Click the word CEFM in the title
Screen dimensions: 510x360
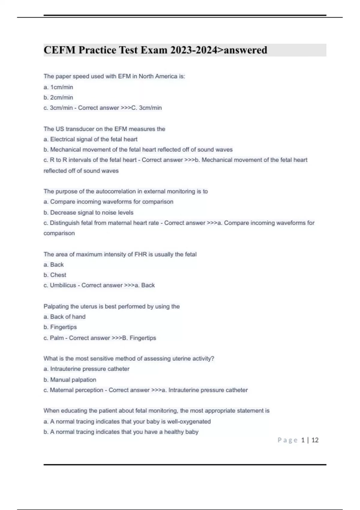pyautogui.click(x=59, y=50)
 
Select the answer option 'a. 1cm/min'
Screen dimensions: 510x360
pyautogui.click(x=58, y=87)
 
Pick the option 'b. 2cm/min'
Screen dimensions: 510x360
pyautogui.click(x=58, y=97)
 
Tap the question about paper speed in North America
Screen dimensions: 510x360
pyautogui.click(x=114, y=76)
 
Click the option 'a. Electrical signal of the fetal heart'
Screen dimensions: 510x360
pyautogui.click(x=90, y=139)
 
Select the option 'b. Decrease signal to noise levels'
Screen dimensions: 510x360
pyautogui.click(x=88, y=213)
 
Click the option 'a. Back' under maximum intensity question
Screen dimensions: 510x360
pyautogui.click(x=54, y=265)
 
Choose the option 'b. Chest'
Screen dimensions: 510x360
pyautogui.click(x=55, y=275)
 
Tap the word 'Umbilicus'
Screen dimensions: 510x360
pyautogui.click(x=63, y=285)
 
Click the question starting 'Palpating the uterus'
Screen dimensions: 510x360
pyautogui.click(x=112, y=306)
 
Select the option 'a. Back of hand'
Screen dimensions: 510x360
pyautogui.click(x=64, y=317)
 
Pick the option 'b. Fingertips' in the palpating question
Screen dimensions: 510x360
pyautogui.click(x=60, y=327)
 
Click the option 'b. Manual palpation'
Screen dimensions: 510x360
pyautogui.click(x=70, y=380)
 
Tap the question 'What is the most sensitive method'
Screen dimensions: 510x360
pyautogui.click(x=129, y=358)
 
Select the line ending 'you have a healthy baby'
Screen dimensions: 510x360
pyautogui.click(x=121, y=432)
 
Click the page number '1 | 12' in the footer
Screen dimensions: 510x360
pyautogui.click(x=310, y=440)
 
